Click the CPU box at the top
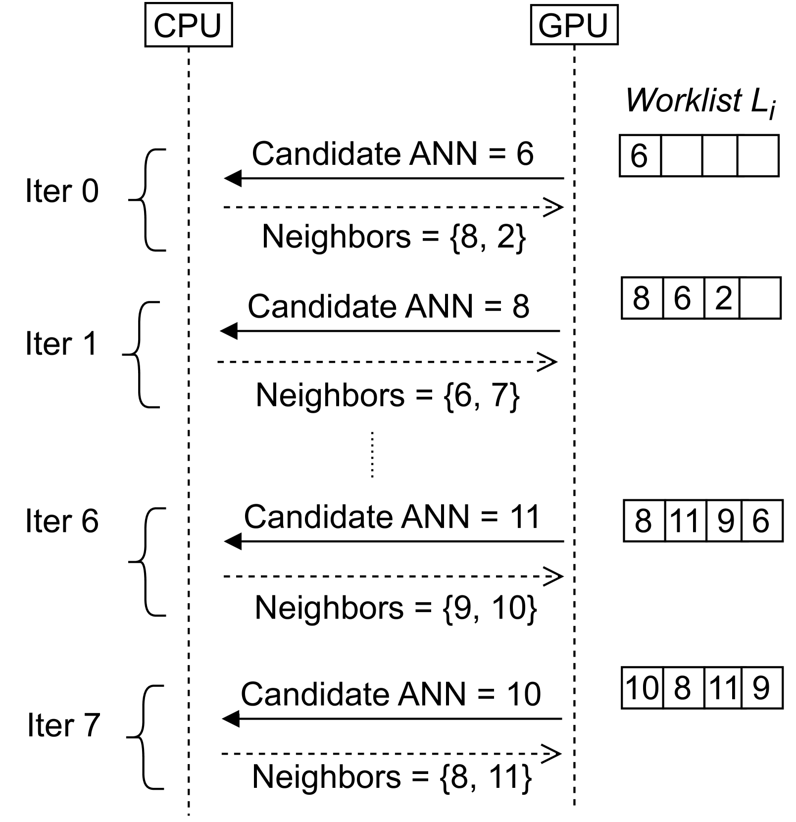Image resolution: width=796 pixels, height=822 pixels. (188, 26)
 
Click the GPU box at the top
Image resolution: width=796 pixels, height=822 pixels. (574, 25)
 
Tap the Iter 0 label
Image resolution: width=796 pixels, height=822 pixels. (62, 191)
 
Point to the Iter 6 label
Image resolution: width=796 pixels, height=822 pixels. (62, 521)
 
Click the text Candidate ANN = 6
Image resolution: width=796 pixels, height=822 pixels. (393, 153)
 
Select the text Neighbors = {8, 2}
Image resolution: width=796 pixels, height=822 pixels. (394, 237)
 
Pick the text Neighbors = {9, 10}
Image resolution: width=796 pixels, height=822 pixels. (396, 607)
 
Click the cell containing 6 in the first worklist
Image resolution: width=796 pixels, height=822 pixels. (640, 156)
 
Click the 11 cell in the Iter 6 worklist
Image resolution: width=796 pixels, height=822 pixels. (684, 521)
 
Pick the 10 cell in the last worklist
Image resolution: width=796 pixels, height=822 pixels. (642, 688)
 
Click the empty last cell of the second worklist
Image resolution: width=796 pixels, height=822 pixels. (760, 298)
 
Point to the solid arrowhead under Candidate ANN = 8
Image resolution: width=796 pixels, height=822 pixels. (229, 331)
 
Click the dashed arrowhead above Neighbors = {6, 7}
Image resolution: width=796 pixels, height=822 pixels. (548, 362)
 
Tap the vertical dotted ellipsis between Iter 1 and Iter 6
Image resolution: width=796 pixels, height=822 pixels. (372, 454)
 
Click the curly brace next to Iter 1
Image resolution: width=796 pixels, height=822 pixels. (141, 354)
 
